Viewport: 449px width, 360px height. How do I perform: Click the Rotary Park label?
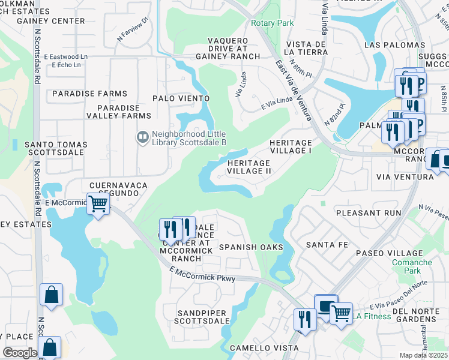[272, 23]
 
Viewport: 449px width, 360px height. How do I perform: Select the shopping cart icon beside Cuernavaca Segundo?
[98, 204]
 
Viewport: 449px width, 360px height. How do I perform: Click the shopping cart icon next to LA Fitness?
[341, 312]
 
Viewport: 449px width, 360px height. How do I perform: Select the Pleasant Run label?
[368, 213]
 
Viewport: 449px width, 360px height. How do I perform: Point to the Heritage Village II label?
[249, 167]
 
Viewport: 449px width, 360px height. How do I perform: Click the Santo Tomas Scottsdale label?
[56, 149]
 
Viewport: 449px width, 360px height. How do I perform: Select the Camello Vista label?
[254, 349]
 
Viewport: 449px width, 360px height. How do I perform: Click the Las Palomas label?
[395, 45]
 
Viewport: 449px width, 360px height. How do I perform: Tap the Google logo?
[20, 353]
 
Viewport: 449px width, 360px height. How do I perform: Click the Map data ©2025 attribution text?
[424, 355]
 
